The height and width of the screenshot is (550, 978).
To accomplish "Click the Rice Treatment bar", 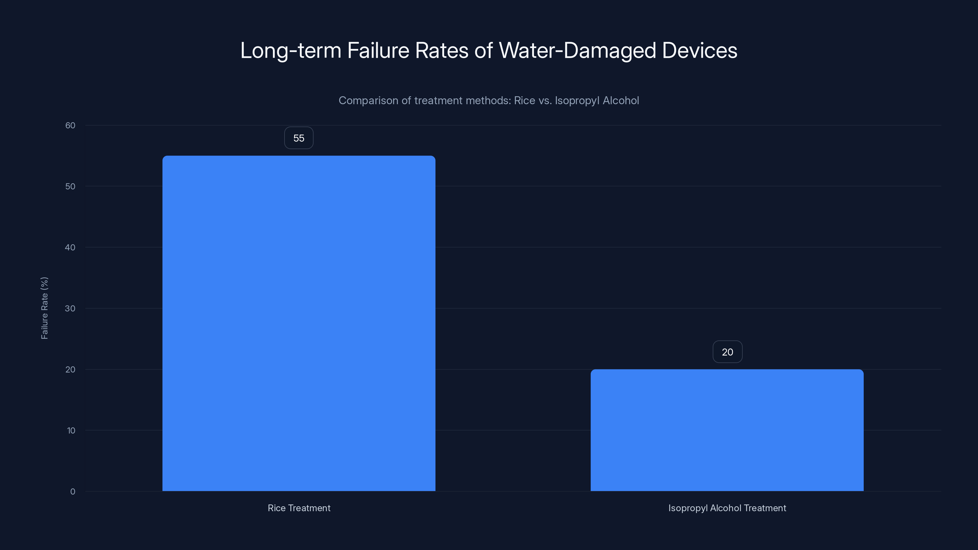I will (299, 323).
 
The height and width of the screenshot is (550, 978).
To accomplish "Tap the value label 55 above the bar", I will (299, 138).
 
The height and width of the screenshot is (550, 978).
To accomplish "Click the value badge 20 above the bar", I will (727, 352).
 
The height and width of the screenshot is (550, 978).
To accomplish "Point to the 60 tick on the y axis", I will (70, 126).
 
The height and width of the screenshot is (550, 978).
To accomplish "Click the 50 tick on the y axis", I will (70, 186).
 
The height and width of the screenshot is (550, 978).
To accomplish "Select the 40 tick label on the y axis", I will (70, 248).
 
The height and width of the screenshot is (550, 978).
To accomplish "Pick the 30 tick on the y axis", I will (70, 309).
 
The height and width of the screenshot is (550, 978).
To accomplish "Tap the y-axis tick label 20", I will (70, 369).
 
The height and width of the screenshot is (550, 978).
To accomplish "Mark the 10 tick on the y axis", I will (71, 431).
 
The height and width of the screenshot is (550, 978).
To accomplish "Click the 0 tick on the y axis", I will (72, 492).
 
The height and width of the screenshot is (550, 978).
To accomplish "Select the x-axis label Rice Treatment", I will (299, 508).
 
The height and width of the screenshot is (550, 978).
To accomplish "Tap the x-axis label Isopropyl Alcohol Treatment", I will (727, 508).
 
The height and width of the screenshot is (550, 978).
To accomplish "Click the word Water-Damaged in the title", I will (577, 50).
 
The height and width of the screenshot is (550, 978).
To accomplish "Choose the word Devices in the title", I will (699, 50).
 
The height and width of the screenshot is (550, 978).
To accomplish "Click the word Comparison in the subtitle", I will (368, 101).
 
